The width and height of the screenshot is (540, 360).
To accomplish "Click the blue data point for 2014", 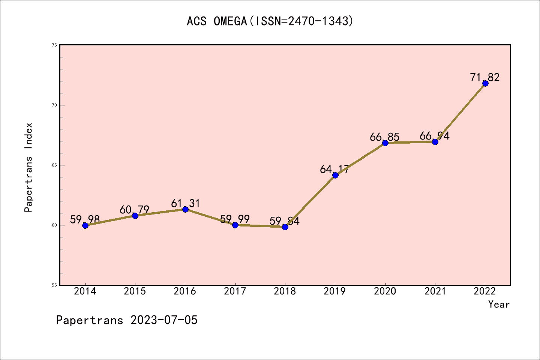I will [85, 225].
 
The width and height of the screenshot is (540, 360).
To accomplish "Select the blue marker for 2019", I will [335, 175].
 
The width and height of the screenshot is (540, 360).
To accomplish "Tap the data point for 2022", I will [485, 83].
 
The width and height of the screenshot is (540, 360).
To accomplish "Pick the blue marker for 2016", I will [185, 209].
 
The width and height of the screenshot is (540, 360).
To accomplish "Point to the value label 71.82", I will [485, 77].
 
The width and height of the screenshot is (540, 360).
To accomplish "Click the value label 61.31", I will [186, 203].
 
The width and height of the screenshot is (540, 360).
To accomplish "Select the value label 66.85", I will [384, 137].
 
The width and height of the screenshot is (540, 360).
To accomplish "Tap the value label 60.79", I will [135, 210].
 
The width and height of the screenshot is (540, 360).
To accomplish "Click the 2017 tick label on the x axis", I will [235, 291].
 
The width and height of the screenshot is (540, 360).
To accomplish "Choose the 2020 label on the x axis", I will [385, 291].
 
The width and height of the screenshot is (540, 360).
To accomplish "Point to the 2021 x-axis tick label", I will [435, 291].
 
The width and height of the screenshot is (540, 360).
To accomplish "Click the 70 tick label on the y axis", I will [54, 105].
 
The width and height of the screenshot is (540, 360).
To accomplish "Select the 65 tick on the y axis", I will [54, 165].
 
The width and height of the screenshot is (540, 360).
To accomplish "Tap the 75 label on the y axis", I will [54, 45].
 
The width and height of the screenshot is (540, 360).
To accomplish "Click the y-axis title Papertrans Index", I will [28, 167].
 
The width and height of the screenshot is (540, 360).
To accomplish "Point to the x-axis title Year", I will [499, 304].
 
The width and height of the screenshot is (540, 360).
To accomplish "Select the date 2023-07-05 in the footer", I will [164, 320].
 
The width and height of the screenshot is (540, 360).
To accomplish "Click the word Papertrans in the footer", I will [90, 320].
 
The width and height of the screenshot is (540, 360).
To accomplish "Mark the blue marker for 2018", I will [285, 227].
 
